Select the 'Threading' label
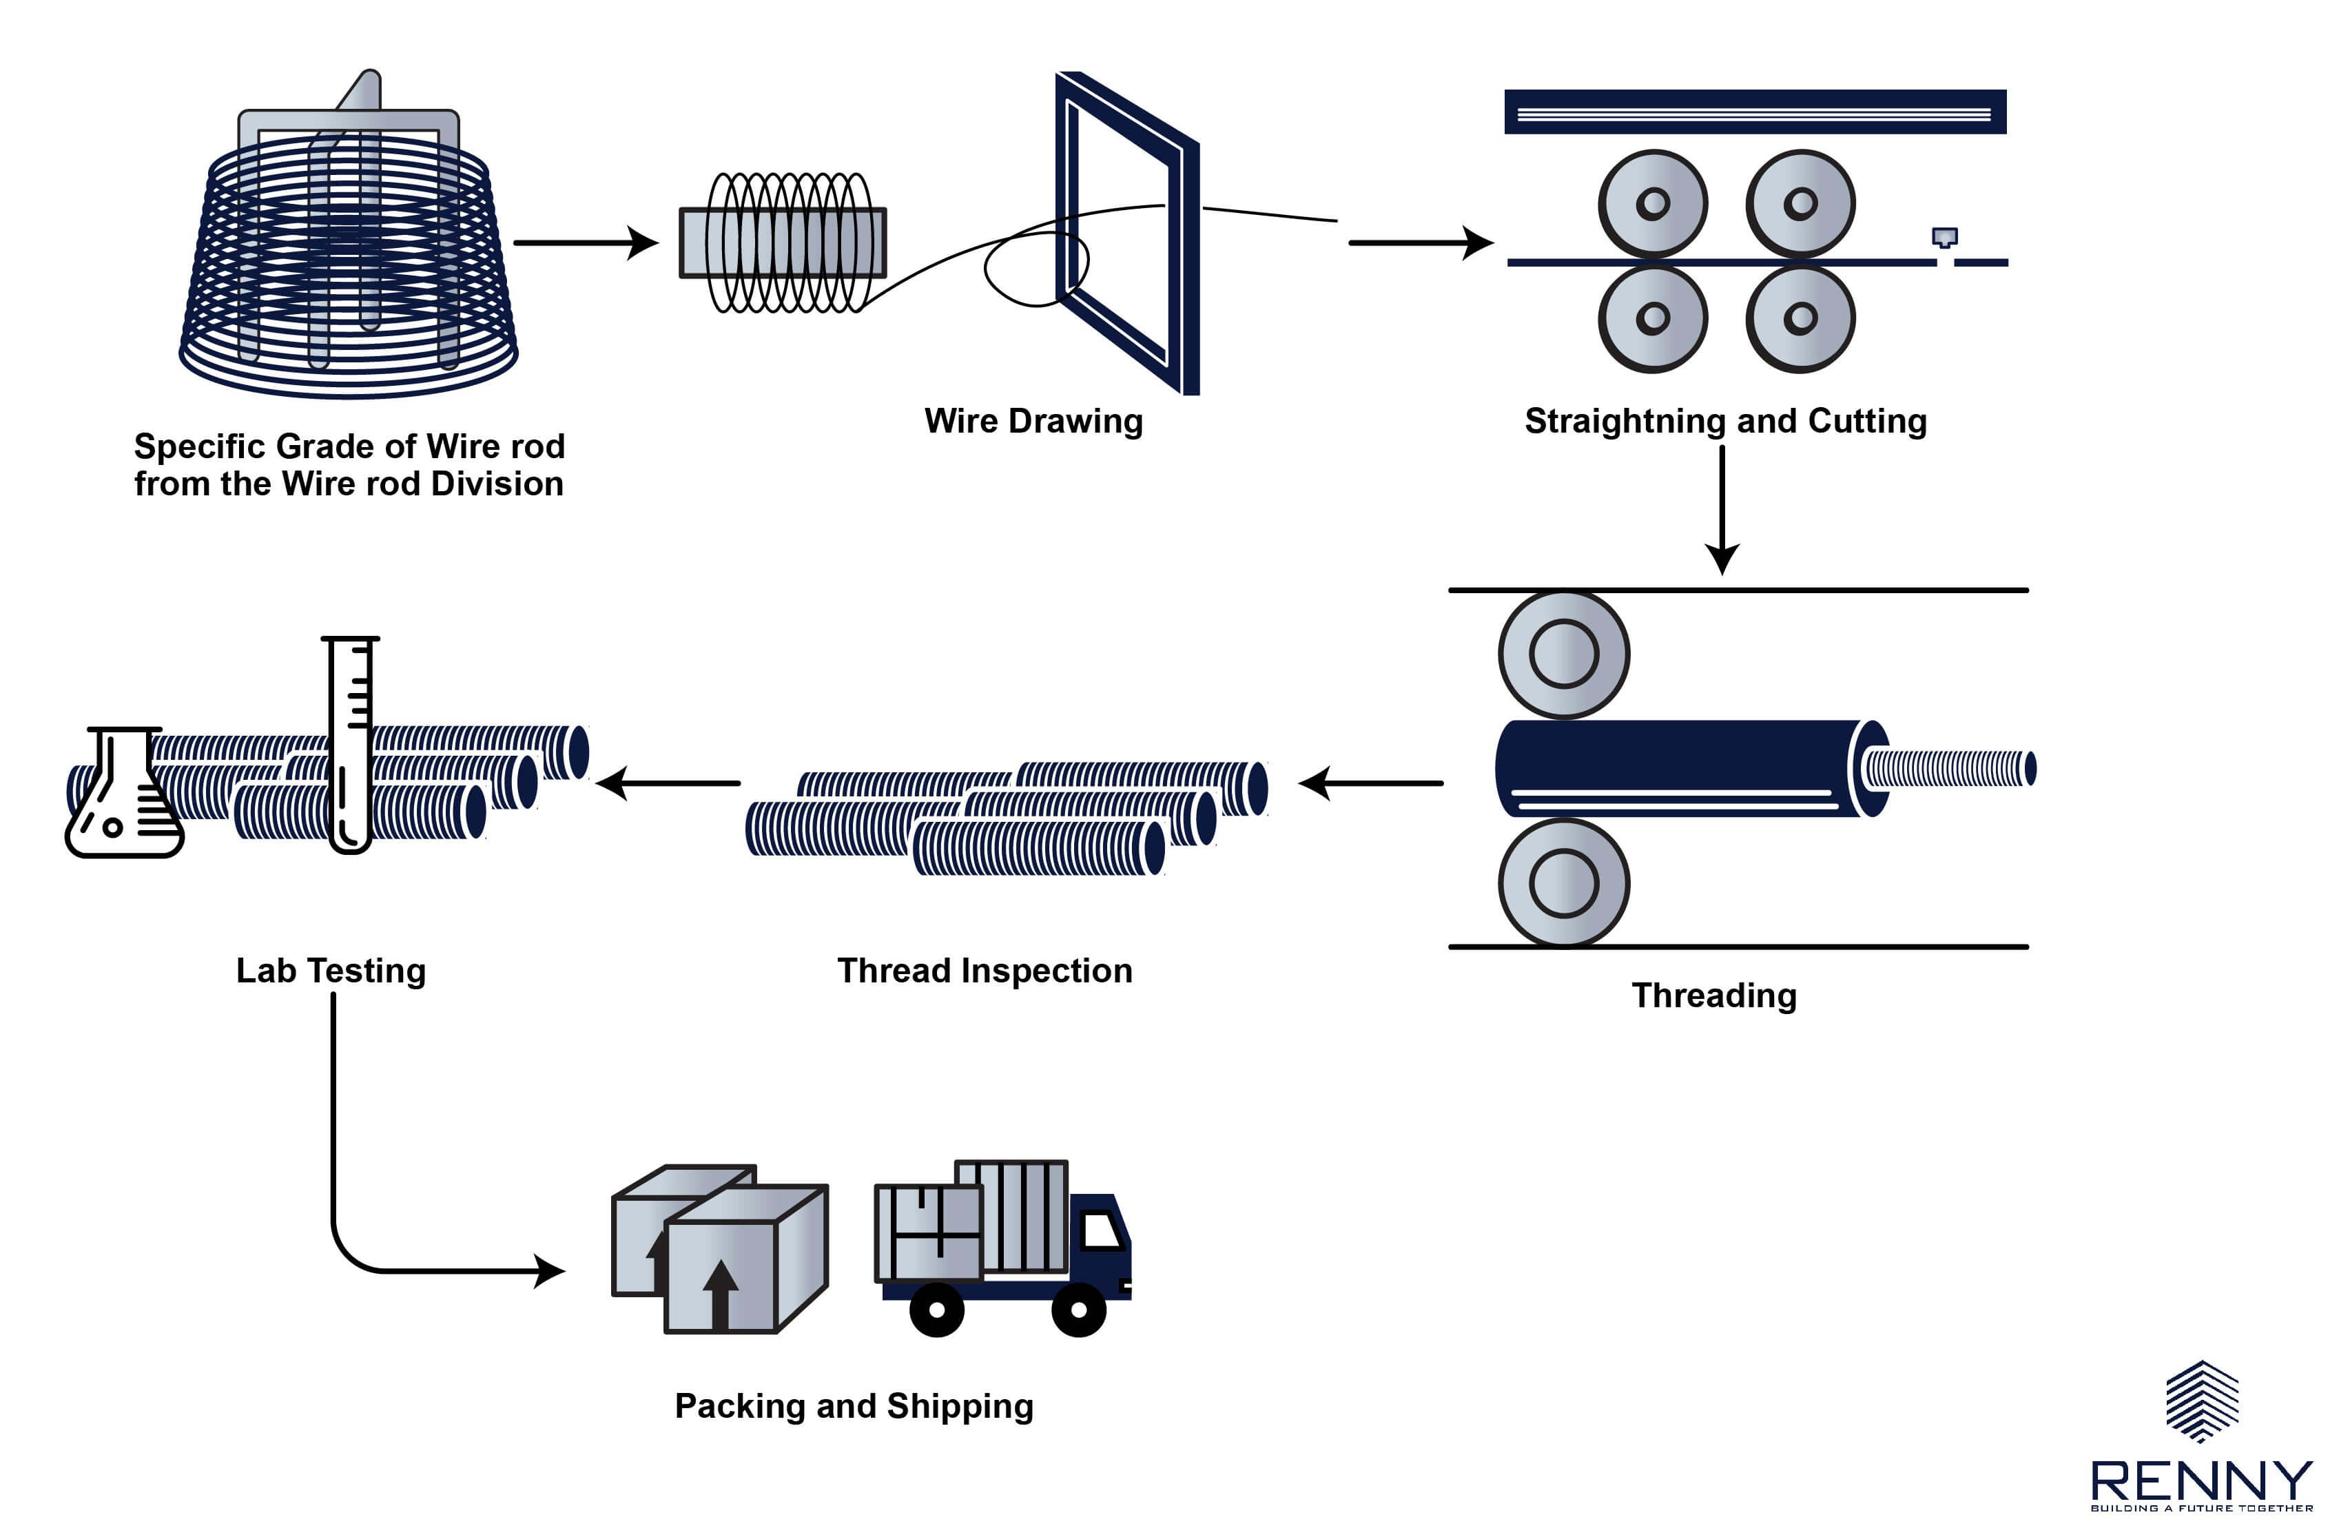tap(1714, 995)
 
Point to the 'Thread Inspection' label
tap(985, 971)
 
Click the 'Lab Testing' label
tap(331, 971)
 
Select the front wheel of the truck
tap(1078, 1310)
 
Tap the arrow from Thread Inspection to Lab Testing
tap(668, 783)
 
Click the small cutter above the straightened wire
tap(1944, 238)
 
